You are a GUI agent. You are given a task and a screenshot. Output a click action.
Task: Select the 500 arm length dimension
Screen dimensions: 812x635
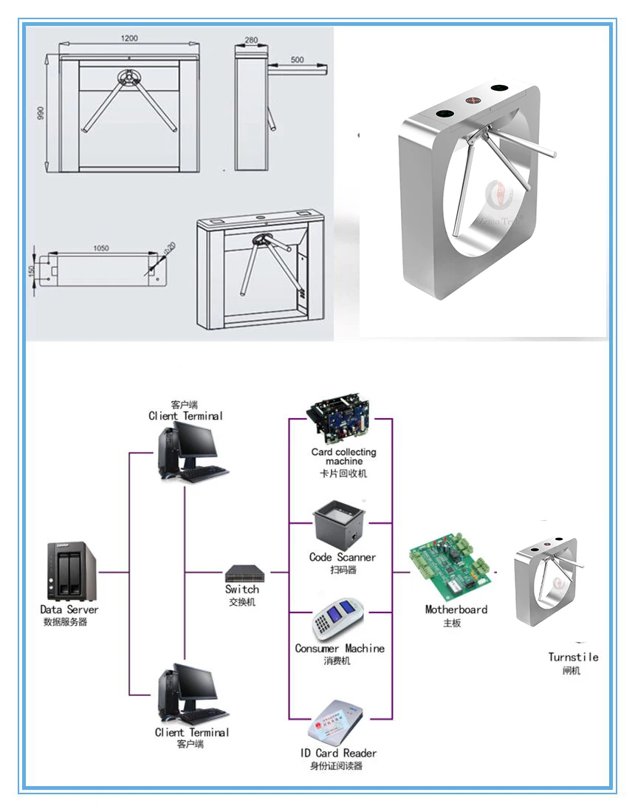click(x=298, y=60)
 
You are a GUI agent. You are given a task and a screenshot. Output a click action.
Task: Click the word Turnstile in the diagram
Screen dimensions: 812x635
click(x=573, y=657)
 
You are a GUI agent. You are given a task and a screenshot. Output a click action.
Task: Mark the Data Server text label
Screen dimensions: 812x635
click(x=69, y=610)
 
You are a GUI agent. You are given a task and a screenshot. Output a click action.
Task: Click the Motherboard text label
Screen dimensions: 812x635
click(x=456, y=610)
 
